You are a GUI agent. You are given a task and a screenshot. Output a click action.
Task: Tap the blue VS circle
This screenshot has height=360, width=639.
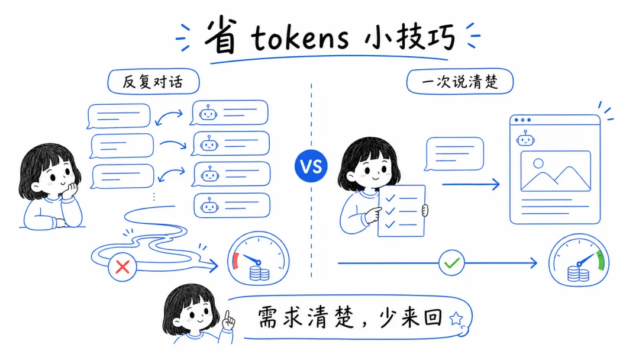(x=311, y=166)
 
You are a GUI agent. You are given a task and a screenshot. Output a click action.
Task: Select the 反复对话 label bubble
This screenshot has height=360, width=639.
(x=153, y=82)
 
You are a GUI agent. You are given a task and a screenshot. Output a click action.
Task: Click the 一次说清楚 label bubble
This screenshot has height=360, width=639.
(x=460, y=82)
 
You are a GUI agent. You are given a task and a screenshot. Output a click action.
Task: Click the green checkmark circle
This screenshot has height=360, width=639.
(x=451, y=262)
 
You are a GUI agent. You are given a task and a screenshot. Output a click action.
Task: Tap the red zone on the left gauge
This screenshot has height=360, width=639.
(x=235, y=260)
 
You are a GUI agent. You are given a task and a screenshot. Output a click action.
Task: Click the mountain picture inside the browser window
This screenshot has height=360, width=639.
(x=555, y=171)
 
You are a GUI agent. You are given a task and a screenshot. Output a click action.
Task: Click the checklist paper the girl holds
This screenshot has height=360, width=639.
(x=401, y=210)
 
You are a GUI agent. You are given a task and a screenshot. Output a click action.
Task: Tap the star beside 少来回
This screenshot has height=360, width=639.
(x=456, y=319)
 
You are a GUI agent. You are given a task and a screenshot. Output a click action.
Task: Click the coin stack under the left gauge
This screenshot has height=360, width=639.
(x=259, y=273)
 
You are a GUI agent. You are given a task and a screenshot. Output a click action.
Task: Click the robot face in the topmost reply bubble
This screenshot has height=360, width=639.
(x=208, y=112)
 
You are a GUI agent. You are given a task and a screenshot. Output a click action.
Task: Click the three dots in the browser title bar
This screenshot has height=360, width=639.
(x=521, y=120)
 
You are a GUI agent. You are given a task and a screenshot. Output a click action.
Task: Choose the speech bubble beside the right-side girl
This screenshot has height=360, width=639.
(x=454, y=153)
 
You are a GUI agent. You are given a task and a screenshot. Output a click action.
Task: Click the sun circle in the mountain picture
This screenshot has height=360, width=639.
(x=538, y=163)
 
